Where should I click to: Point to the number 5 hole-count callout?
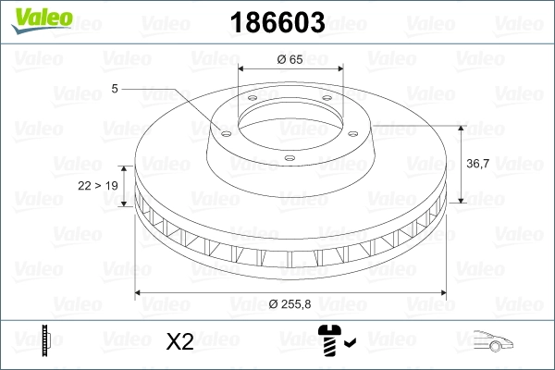click(115, 88)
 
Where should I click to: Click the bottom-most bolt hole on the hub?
click(289, 159)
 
